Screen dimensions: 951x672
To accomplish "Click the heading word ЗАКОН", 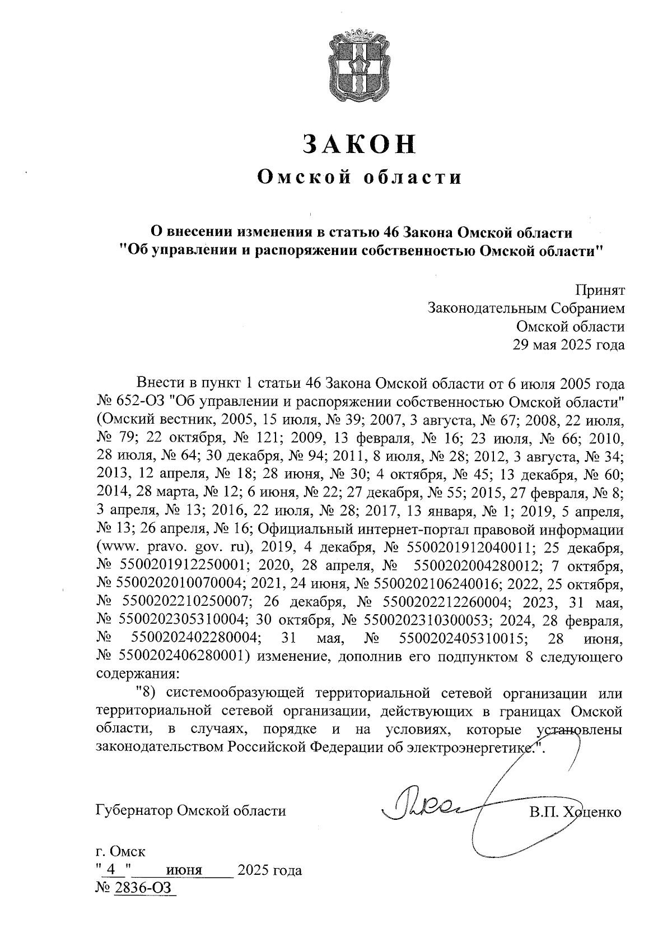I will [360, 144].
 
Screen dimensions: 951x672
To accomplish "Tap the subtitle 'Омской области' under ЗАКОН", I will [360, 178].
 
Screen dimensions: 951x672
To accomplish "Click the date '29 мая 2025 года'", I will [568, 345].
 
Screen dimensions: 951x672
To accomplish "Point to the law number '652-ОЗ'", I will [138, 402].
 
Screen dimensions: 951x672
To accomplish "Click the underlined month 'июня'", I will [184, 870].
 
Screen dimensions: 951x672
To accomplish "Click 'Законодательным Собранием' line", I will [525, 308].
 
